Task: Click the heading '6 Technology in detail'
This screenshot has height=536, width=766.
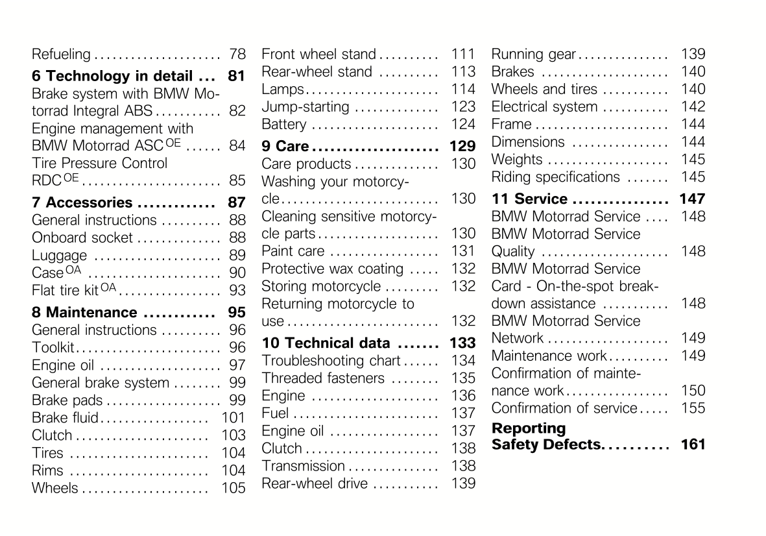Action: click(x=112, y=76)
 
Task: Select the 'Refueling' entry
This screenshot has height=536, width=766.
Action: click(x=61, y=55)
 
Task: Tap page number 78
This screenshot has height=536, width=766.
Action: click(x=237, y=55)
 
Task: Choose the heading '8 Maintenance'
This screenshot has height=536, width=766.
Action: click(x=84, y=313)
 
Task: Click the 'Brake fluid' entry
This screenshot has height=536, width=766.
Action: click(x=66, y=418)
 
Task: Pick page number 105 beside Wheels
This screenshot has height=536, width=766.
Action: click(x=233, y=488)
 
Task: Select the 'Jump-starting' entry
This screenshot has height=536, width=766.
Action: click(x=305, y=107)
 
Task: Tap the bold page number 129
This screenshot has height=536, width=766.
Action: click(x=462, y=147)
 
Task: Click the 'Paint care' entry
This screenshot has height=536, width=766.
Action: click(x=293, y=251)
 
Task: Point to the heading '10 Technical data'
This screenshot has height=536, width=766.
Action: click(x=326, y=343)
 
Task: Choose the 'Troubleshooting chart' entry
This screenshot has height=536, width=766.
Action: click(x=331, y=361)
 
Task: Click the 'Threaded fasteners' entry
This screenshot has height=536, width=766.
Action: click(x=323, y=378)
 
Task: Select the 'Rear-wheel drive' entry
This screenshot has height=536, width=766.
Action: click(x=315, y=483)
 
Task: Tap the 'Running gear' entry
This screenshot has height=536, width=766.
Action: click(x=534, y=55)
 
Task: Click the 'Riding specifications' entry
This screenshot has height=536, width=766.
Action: click(x=556, y=177)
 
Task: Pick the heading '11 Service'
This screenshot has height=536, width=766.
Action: click(x=529, y=199)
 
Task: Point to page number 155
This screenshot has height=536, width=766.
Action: click(x=693, y=408)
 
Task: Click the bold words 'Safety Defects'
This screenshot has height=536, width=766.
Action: click(x=546, y=445)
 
